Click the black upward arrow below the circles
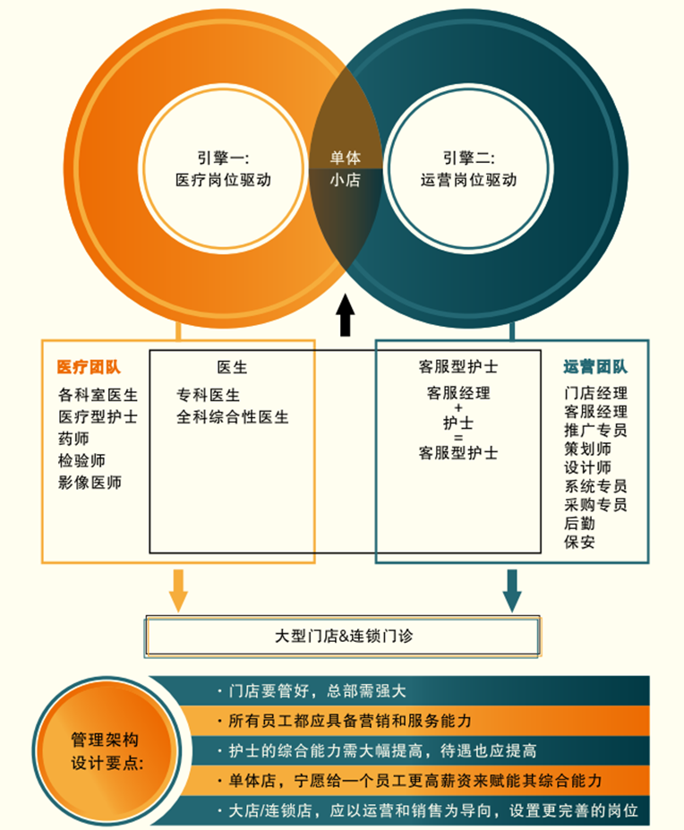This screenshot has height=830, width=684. (x=345, y=314)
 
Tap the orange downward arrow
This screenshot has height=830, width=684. (x=178, y=589)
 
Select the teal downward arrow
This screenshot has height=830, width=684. (x=512, y=589)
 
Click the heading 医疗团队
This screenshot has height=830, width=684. (x=89, y=367)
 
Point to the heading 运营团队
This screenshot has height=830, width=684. (x=595, y=367)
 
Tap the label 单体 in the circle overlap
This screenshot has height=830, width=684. (x=345, y=158)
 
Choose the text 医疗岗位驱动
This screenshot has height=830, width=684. (x=223, y=180)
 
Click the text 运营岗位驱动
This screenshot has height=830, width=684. (x=468, y=180)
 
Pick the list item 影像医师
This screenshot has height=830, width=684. (x=90, y=483)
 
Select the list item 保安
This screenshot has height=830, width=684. (x=579, y=542)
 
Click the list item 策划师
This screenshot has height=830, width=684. (x=587, y=449)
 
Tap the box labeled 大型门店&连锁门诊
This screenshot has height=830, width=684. (x=343, y=637)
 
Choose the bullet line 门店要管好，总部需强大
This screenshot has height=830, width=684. (x=318, y=691)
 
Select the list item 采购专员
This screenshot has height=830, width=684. (x=595, y=505)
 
